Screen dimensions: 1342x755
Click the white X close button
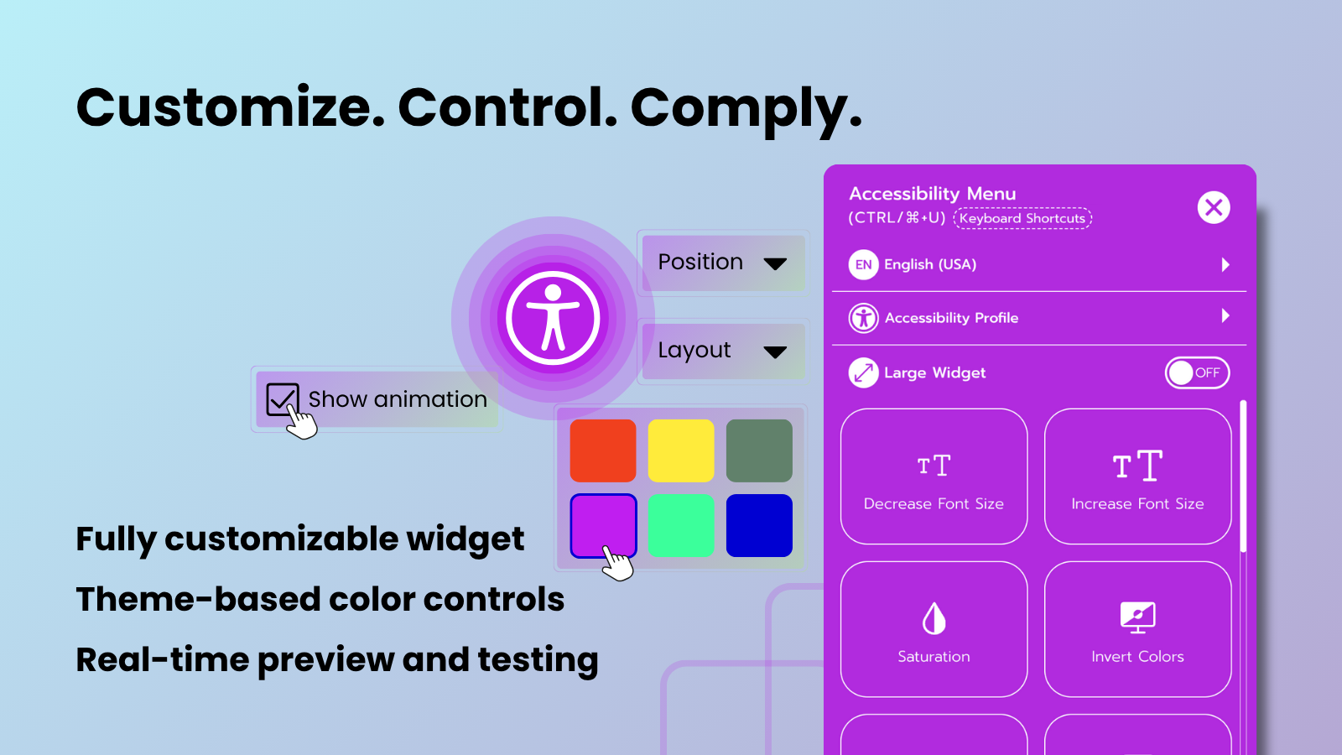click(x=1213, y=208)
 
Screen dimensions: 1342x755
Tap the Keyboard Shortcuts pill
click(x=1022, y=218)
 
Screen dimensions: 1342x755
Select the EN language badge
click(x=863, y=264)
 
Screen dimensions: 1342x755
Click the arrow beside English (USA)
click(x=1225, y=264)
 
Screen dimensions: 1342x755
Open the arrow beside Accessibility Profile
click(x=1225, y=315)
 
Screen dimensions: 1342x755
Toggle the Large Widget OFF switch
click(x=1197, y=372)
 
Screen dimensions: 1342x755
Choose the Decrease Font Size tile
click(x=934, y=476)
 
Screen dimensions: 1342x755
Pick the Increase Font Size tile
click(x=1137, y=476)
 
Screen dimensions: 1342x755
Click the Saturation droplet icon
click(x=934, y=618)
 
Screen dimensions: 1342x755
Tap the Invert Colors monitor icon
click(x=1137, y=617)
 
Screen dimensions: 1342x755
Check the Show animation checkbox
click(x=282, y=399)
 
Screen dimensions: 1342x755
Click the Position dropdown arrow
click(x=775, y=263)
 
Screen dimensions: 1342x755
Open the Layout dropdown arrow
click(x=775, y=351)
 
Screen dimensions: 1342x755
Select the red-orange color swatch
click(x=603, y=450)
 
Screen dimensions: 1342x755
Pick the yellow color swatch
click(x=680, y=450)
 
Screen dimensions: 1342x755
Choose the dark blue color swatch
click(x=759, y=525)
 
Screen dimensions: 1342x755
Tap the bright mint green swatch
click(x=680, y=525)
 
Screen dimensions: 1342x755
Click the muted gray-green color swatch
click(x=759, y=450)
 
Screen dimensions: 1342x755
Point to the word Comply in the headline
click(x=746, y=109)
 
